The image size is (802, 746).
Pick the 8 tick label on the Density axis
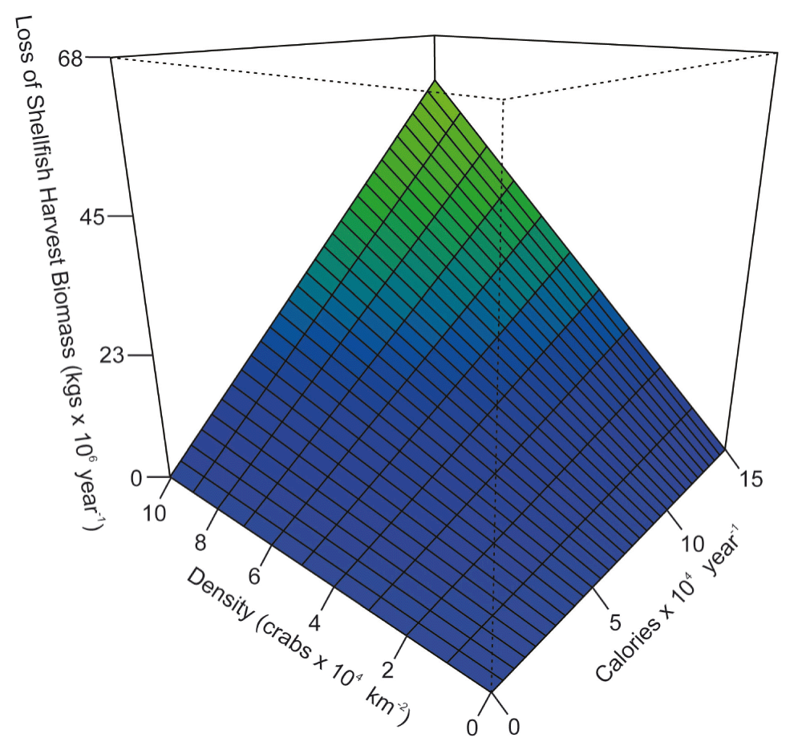pyautogui.click(x=200, y=543)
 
